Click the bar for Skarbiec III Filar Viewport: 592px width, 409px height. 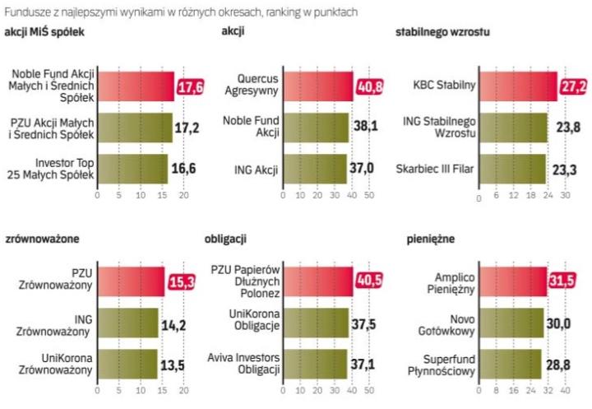pyautogui.click(x=512, y=170)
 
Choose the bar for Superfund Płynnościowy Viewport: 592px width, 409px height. pyautogui.click(x=509, y=364)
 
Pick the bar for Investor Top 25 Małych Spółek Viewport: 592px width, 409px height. pyautogui.click(x=132, y=170)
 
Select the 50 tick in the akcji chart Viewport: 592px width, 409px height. pyautogui.click(x=369, y=196)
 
